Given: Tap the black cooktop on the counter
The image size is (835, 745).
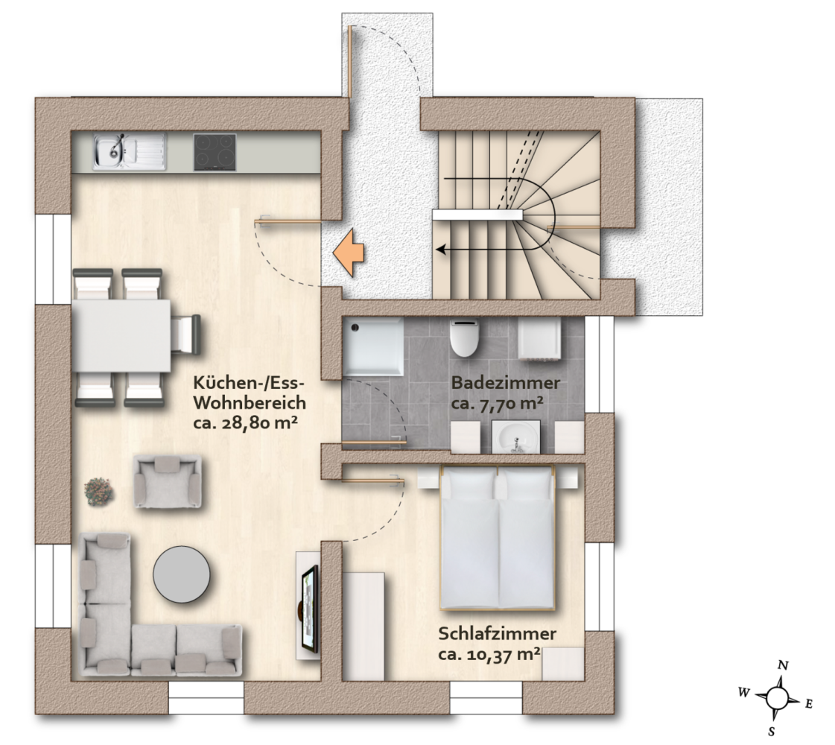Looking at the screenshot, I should coord(215,152).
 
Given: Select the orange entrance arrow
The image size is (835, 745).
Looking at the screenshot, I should coord(349,254).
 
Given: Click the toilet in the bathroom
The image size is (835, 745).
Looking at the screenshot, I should coord(464,339).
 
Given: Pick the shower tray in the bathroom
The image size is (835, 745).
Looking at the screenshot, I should coord(372,346).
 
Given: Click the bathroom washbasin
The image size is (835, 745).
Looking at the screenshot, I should coord(515,436).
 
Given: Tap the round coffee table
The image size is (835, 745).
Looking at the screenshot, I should coord(181,574).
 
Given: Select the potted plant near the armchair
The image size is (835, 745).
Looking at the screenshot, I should coord(99,490).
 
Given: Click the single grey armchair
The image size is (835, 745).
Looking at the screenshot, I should coord(167,483).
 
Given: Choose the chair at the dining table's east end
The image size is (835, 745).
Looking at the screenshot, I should coord(185,335).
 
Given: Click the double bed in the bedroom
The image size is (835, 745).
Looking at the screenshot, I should coord(497,537).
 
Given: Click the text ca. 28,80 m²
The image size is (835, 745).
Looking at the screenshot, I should coord(245,424).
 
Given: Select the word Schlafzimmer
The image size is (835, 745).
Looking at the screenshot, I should coord(498,635).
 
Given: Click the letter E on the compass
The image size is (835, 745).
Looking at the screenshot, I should coord(808,703).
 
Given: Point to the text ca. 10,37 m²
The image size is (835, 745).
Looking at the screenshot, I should coord(489,656).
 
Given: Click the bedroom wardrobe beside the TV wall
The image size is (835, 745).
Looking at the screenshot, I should coord(363,626).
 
